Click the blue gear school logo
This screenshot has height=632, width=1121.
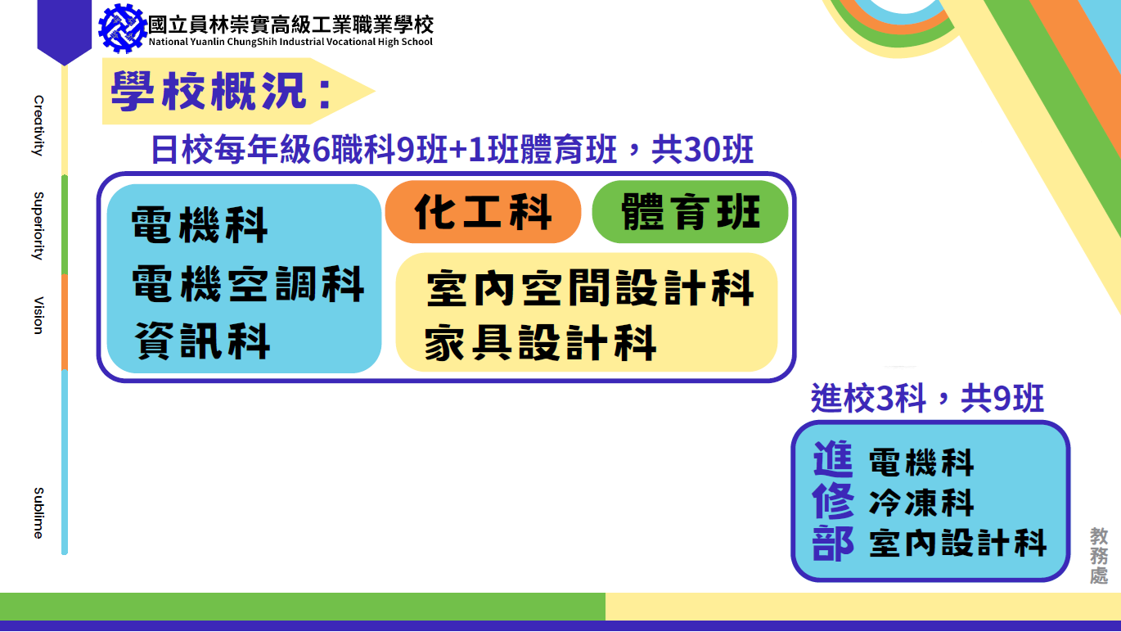tap(123, 28)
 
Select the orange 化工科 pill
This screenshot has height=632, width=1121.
tap(483, 212)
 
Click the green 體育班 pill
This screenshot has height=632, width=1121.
tap(690, 212)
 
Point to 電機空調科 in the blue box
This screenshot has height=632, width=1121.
tap(248, 284)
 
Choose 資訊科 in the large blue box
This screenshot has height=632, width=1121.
tap(202, 341)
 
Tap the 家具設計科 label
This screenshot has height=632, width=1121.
tap(540, 343)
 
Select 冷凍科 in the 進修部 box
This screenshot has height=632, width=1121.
tap(921, 503)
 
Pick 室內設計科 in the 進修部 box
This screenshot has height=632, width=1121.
tap(958, 543)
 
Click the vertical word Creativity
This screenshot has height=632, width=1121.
tap(38, 126)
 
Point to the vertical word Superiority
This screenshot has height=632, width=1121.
tap(38, 226)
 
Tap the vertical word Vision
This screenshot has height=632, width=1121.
tap(38, 315)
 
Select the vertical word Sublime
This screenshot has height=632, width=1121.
tap(38, 512)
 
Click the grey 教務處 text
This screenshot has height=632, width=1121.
tap(1099, 555)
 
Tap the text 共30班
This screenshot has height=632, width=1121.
tap(702, 149)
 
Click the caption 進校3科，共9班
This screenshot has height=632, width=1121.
tap(927, 398)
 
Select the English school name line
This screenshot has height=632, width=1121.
tap(290, 42)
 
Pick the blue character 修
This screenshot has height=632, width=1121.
tap(833, 501)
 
